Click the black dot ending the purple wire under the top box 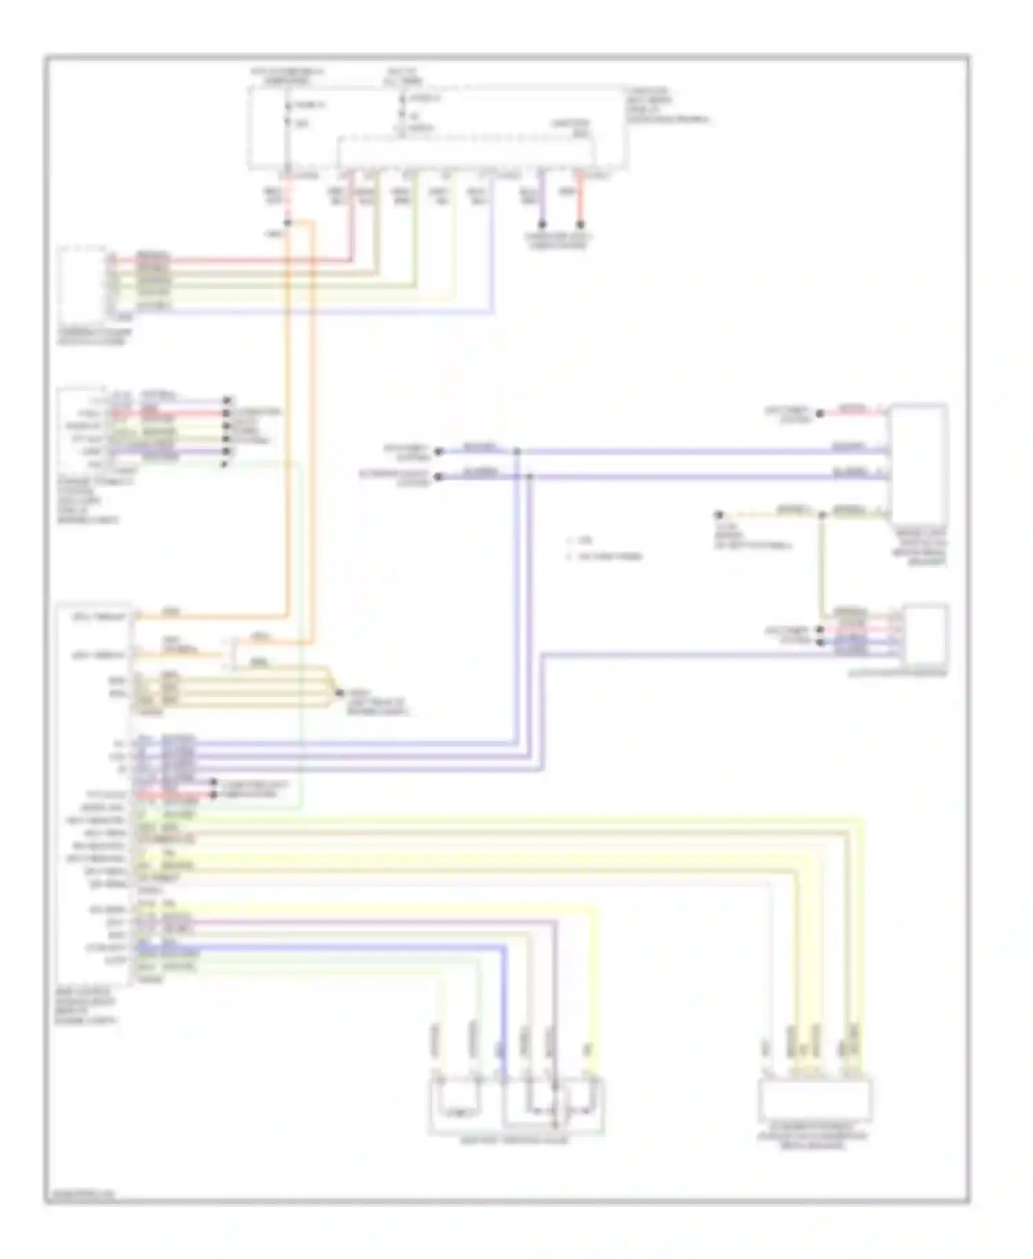[542, 225]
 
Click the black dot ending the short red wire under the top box [580, 225]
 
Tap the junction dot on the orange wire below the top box [288, 222]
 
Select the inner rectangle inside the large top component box [467, 151]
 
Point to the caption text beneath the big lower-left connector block [87, 1006]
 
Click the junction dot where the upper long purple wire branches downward [516, 452]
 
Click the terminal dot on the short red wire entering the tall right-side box [820, 414]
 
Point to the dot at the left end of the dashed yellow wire [718, 514]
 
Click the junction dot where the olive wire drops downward [821, 514]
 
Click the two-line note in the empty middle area [603, 548]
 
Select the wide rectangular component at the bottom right [815, 1101]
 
